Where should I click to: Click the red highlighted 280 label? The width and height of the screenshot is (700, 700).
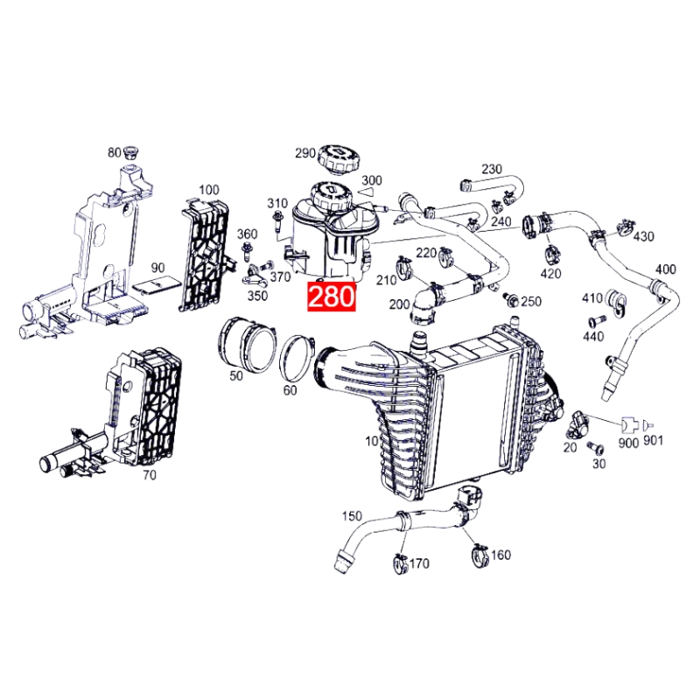(x=331, y=295)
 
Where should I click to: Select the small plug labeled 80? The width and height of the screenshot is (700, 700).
(x=132, y=154)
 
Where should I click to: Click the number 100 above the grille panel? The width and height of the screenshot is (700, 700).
(x=208, y=190)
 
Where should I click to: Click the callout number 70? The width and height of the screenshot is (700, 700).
(x=150, y=476)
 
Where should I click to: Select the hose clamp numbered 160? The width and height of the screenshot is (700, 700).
(x=479, y=554)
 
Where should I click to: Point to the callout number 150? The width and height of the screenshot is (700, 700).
(x=352, y=516)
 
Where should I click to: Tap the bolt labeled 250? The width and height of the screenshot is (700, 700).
(x=514, y=300)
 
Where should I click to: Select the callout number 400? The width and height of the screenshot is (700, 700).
(x=665, y=269)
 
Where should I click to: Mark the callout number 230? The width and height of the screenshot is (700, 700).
(x=492, y=169)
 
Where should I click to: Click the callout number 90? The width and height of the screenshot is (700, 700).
(x=157, y=267)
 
